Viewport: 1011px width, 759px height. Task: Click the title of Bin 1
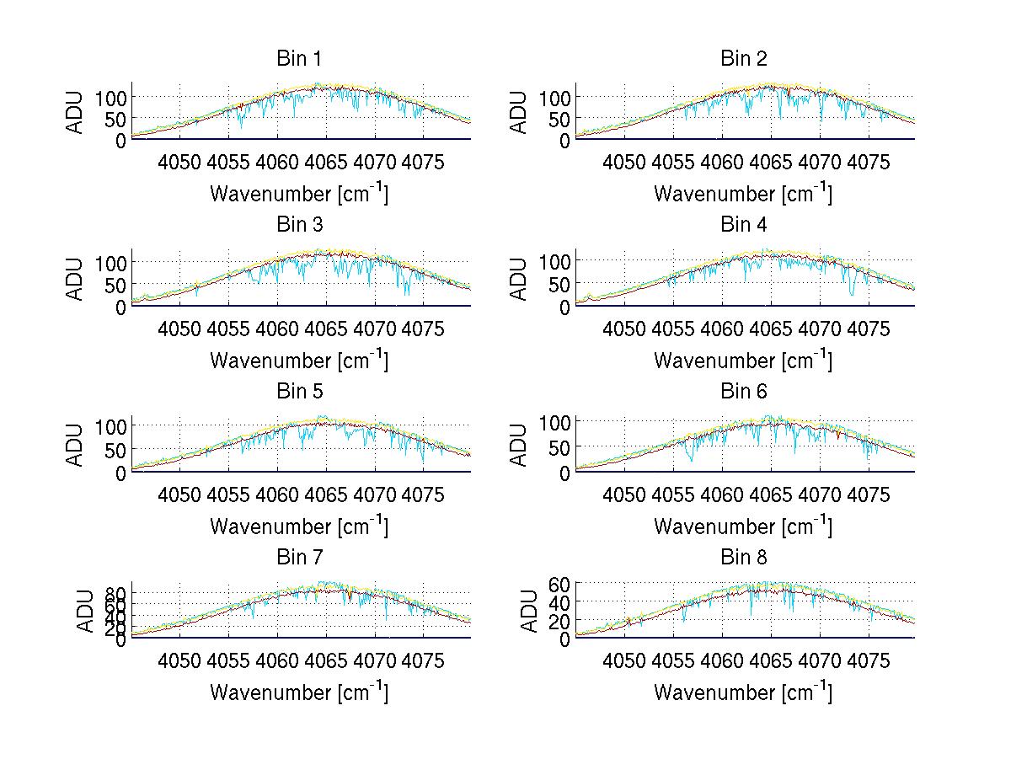(x=299, y=59)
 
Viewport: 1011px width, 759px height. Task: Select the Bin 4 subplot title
(x=744, y=225)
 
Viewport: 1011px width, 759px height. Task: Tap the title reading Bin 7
(x=299, y=558)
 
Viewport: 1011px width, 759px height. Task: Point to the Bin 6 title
(x=744, y=392)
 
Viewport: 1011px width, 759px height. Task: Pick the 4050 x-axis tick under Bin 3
(x=179, y=329)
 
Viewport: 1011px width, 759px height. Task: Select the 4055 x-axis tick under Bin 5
(x=228, y=494)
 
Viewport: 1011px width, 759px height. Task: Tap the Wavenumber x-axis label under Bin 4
(x=743, y=360)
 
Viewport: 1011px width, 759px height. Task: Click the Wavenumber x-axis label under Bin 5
(x=299, y=526)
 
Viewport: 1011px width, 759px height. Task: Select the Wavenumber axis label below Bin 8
(x=743, y=692)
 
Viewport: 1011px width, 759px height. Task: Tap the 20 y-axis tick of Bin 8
(x=560, y=621)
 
